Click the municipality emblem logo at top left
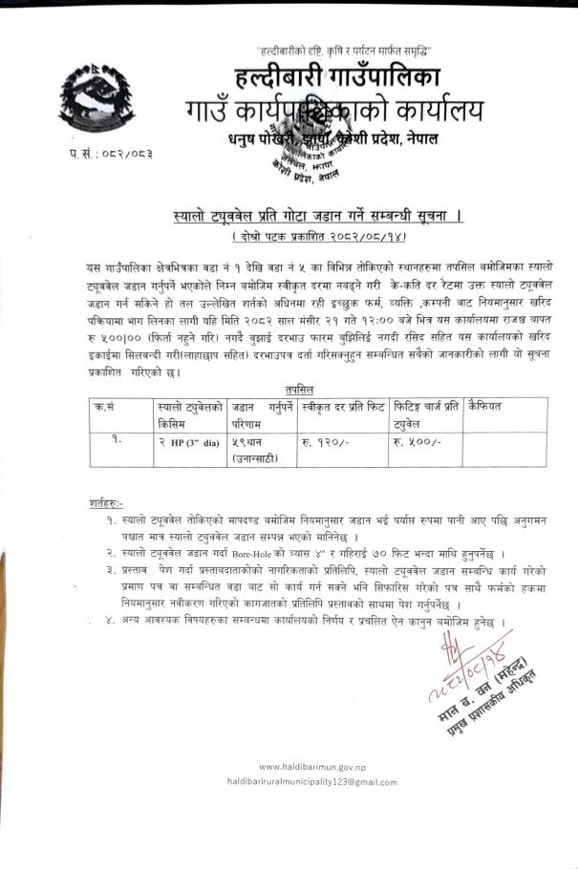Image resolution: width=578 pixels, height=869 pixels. [91, 99]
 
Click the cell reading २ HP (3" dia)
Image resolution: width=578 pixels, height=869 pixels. [189, 443]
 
